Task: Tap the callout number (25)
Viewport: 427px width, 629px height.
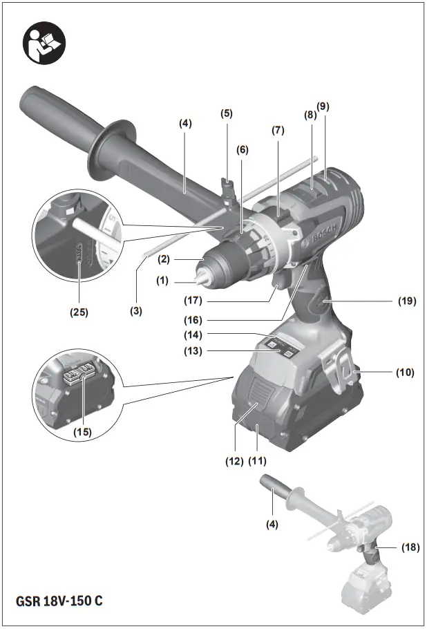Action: [x=79, y=312]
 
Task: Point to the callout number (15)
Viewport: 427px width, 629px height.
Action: [x=83, y=432]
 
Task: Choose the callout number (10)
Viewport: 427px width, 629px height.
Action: [x=405, y=373]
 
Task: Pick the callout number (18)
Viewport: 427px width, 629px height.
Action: [x=410, y=547]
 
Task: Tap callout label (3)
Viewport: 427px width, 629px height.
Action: [x=137, y=311]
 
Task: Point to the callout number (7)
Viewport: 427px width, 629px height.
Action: [x=278, y=130]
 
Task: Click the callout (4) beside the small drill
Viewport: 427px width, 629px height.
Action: [x=272, y=525]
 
